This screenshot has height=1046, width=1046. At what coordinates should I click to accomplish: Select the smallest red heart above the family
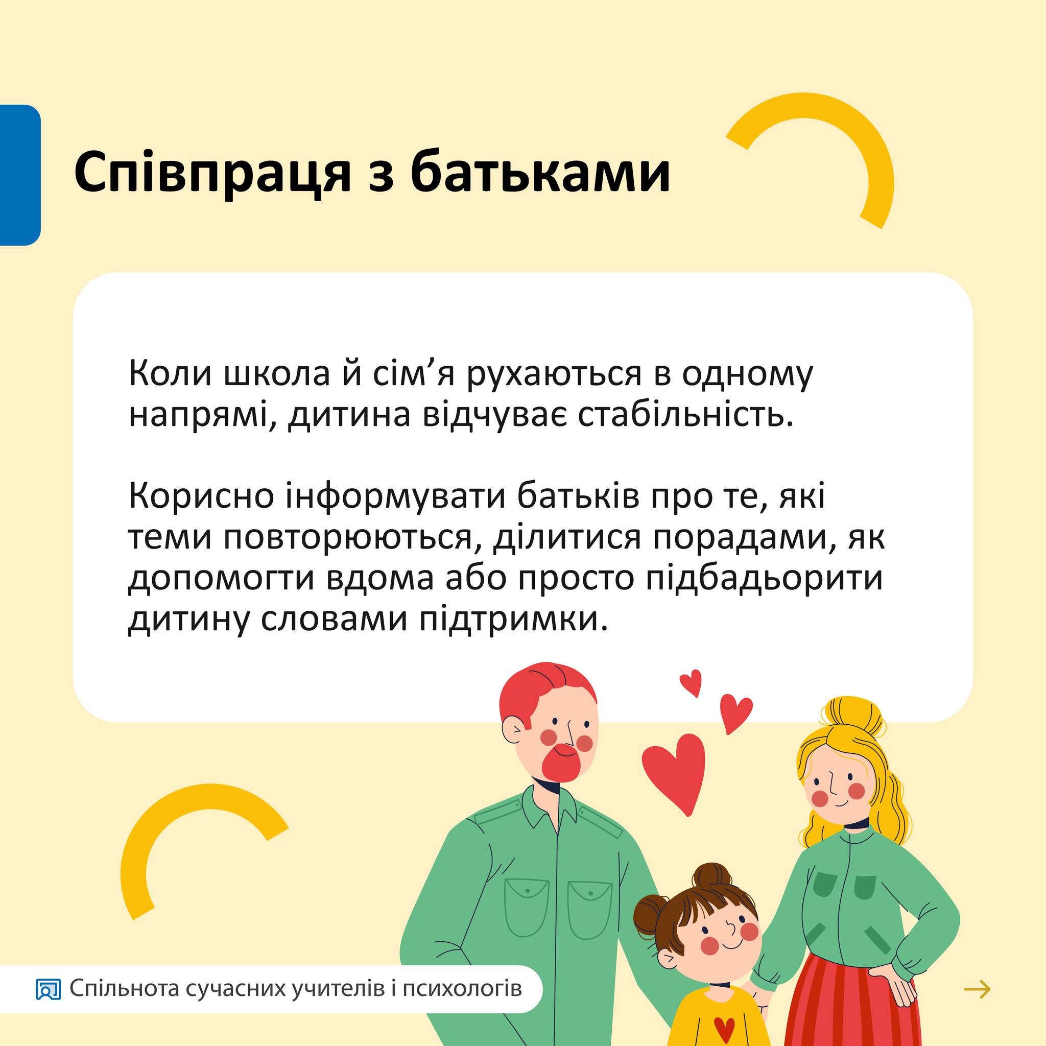(x=692, y=683)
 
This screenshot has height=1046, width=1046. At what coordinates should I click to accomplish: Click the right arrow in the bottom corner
(x=977, y=990)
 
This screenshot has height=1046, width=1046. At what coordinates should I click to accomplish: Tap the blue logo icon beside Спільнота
(x=48, y=990)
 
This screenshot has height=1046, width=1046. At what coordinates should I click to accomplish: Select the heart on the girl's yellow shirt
(x=724, y=1027)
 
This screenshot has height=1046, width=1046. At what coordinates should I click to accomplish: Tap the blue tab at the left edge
(x=20, y=175)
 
